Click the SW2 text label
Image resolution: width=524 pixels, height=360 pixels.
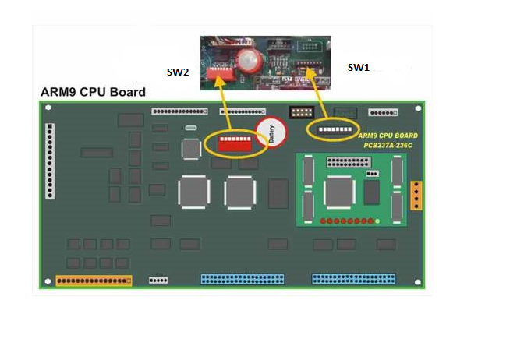[x=177, y=72]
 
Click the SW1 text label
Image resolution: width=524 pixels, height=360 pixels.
[x=358, y=68]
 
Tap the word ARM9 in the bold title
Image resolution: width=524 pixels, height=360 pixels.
[x=59, y=92]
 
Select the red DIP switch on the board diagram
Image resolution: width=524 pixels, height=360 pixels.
[x=235, y=143]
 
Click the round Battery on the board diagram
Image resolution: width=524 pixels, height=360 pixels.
[x=271, y=135]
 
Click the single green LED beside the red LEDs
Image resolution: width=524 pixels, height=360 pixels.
[x=378, y=223]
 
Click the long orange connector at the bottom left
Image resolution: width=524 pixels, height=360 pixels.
[x=94, y=280]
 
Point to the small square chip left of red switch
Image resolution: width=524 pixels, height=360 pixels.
[x=191, y=148]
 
